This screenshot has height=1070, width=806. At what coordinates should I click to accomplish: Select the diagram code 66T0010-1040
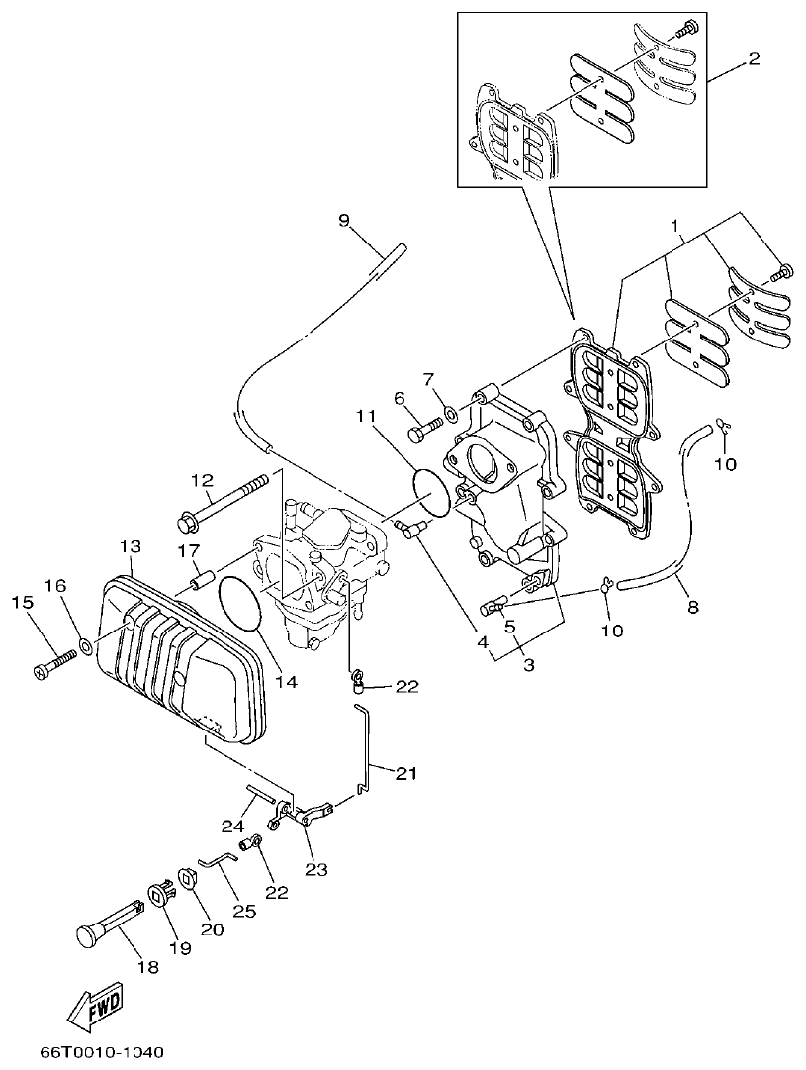pos(102,1051)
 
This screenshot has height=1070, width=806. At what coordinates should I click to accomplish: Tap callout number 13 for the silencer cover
pos(131,546)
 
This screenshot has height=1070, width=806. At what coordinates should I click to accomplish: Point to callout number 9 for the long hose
pos(344,220)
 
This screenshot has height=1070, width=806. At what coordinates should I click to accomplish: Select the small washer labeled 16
pos(87,648)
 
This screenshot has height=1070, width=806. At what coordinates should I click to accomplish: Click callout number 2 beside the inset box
pos(754,59)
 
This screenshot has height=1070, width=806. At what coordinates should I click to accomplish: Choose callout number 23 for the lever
pos(316,869)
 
